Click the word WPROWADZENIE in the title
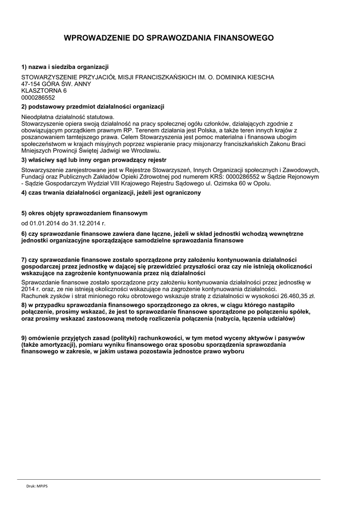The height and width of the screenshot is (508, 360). coord(95,38)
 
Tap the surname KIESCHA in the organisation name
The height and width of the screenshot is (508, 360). coord(260,77)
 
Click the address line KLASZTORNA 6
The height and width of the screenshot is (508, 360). coord(44,91)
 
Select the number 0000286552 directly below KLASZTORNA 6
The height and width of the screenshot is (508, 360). coord(38,98)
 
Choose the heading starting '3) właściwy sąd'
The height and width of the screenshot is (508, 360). coord(94,160)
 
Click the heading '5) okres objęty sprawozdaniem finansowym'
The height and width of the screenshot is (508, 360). coord(84,213)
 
